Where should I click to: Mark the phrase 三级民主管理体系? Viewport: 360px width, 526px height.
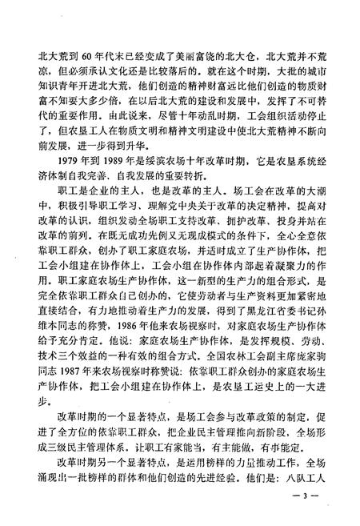(x=97, y=440)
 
